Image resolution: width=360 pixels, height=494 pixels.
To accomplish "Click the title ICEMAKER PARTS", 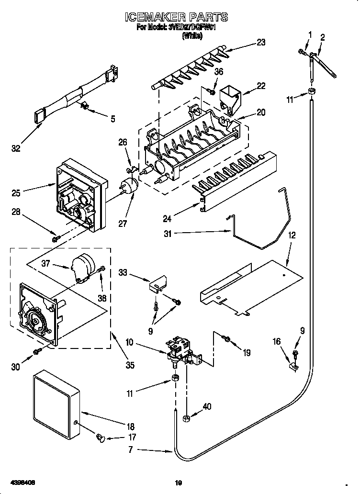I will pos(177,18).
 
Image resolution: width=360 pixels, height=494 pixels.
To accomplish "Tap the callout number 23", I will pos(260,42).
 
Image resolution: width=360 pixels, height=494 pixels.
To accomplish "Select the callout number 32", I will pos(16,148).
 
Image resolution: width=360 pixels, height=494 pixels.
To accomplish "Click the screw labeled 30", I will pos(36,353).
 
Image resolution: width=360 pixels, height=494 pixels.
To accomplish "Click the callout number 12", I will pos(292,235).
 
